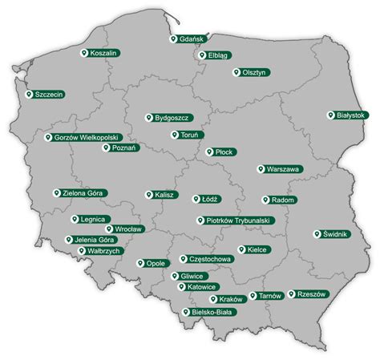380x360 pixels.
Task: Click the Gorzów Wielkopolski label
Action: click(85, 137)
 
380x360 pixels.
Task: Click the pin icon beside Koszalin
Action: click(87, 52)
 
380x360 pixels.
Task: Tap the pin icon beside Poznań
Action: click(107, 148)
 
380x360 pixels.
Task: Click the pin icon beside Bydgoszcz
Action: click(149, 118)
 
